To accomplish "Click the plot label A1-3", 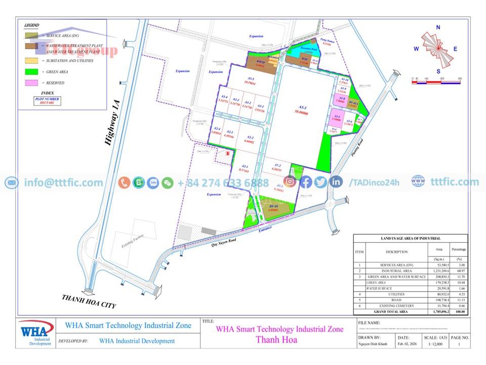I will coord(303,108).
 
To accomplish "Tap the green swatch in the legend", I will coord(31,72).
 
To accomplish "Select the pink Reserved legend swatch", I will coord(31,82).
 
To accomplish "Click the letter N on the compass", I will coord(438,27).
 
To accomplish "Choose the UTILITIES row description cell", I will coord(396,293).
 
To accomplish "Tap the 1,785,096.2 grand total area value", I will coord(435,312).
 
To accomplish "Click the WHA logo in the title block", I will coord(36,333).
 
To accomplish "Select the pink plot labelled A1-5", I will coord(337,118).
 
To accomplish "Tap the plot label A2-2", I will coord(250,139).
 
